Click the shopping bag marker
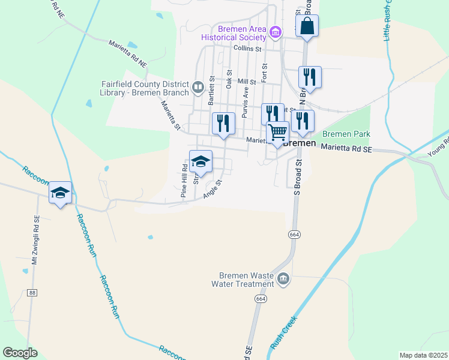pyautogui.click(x=307, y=26)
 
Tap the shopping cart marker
pyautogui.click(x=278, y=132)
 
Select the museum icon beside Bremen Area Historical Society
pyautogui.click(x=276, y=32)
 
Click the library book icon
pyautogui.click(x=197, y=88)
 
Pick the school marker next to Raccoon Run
pyautogui.click(x=60, y=193)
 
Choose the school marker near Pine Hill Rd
pyautogui.click(x=200, y=161)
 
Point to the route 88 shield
pyautogui.click(x=32, y=293)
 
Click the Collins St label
pyautogui.click(x=249, y=48)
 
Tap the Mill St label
pyautogui.click(x=247, y=82)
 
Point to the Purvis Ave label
pyautogui.click(x=245, y=95)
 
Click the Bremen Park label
pyautogui.click(x=346, y=134)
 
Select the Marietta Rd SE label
pyautogui.click(x=346, y=148)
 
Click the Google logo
pyautogui.click(x=20, y=353)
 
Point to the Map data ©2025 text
pyautogui.click(x=423, y=355)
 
